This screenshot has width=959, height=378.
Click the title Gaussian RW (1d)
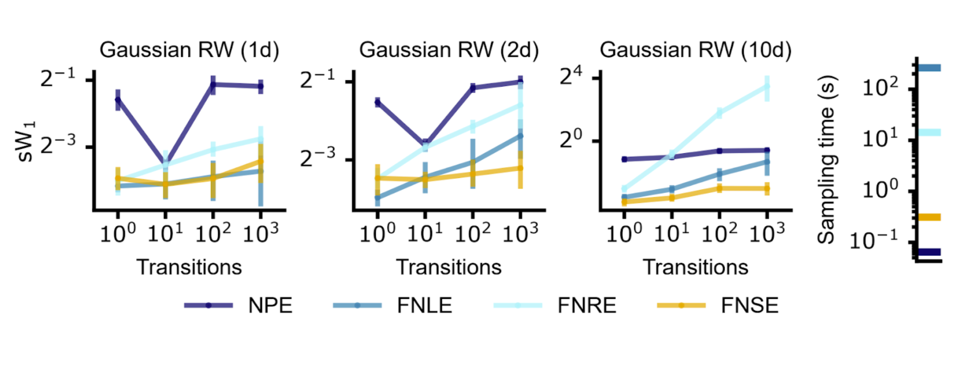[x=189, y=50]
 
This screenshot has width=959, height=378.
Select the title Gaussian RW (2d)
[x=449, y=50]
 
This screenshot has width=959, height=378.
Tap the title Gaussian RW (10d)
[x=695, y=50]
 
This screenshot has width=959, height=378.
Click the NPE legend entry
[x=270, y=306]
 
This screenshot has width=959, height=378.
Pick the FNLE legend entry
[x=424, y=306]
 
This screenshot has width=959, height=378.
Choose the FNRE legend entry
[x=586, y=306]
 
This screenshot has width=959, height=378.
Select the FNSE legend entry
[x=749, y=306]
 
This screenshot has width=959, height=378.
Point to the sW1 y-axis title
[x=25, y=141]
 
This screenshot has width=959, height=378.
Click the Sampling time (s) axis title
[x=826, y=159]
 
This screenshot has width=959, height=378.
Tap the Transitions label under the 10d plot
[x=695, y=267]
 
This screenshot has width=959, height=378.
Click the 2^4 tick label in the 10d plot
[x=571, y=76]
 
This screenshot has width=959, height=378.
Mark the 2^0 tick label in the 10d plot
[x=571, y=140]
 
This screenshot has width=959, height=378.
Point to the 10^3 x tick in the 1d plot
[x=261, y=233]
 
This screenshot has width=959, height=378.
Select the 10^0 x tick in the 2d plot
[x=377, y=233]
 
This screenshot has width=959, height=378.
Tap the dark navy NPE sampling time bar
[x=929, y=252]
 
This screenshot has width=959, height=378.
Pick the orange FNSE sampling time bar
[x=929, y=217]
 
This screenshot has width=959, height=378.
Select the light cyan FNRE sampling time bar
[x=929, y=132]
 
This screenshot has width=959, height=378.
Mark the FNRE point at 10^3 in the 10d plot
[x=767, y=87]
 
